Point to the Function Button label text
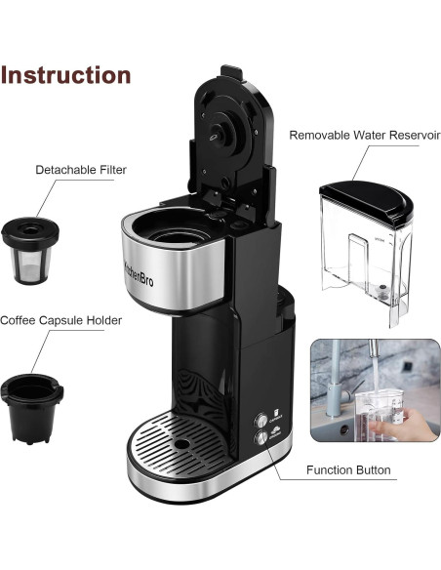348,470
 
